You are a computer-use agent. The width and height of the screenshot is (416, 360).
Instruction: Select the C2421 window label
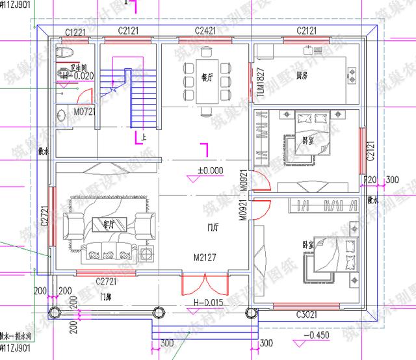click(x=208, y=31)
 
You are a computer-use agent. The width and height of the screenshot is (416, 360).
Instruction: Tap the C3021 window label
click(x=308, y=315)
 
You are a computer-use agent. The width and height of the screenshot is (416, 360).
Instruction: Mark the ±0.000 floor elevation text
click(x=211, y=171)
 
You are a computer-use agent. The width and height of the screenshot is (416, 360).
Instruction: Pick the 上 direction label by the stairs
click(x=144, y=137)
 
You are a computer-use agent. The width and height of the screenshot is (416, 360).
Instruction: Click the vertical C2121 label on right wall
click(x=370, y=149)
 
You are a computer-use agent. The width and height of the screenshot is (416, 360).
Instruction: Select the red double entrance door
click(x=205, y=283)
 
